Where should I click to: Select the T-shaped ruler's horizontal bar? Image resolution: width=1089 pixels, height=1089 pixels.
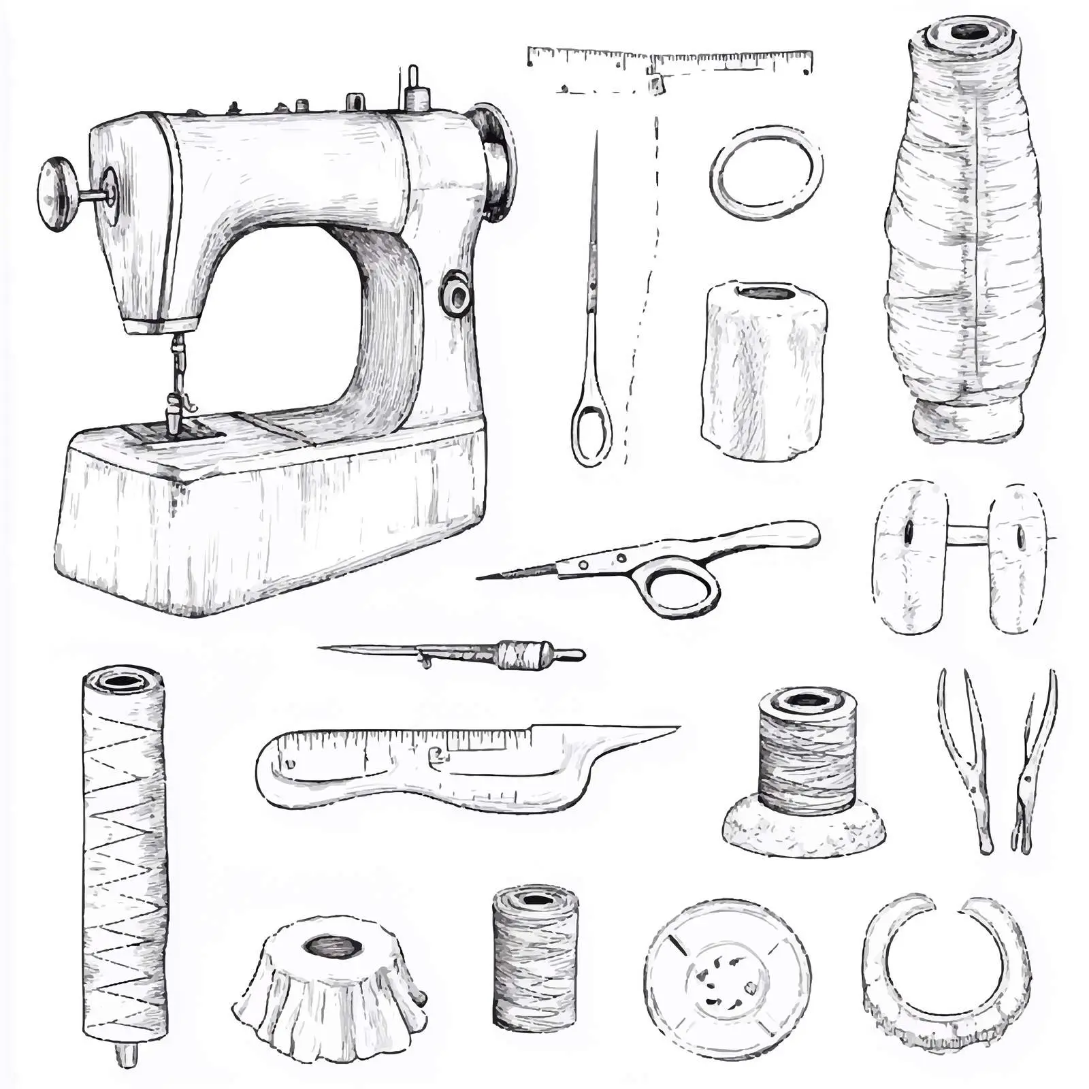[670, 60]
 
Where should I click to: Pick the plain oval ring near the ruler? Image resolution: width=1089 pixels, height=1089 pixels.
[766, 172]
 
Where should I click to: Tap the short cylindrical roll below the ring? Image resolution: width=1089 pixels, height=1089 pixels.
[764, 371]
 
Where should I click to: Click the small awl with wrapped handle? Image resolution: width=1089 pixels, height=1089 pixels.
[476, 653]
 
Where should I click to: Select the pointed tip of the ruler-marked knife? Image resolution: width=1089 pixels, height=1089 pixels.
[670, 730]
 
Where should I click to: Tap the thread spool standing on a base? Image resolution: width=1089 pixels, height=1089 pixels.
[806, 769]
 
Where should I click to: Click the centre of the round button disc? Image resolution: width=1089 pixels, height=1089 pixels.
[726, 980]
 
